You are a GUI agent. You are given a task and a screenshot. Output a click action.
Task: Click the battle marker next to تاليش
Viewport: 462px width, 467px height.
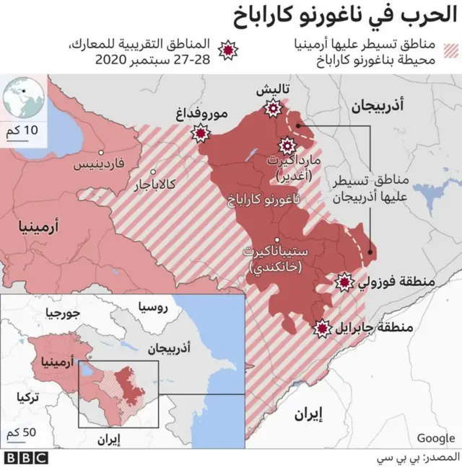coord(273,109)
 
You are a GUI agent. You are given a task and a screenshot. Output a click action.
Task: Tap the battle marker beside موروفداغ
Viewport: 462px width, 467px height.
coord(200,133)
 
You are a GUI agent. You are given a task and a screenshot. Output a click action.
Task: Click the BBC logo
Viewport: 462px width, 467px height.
coord(26,457)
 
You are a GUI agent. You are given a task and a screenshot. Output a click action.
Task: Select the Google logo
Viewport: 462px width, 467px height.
coord(435,437)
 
